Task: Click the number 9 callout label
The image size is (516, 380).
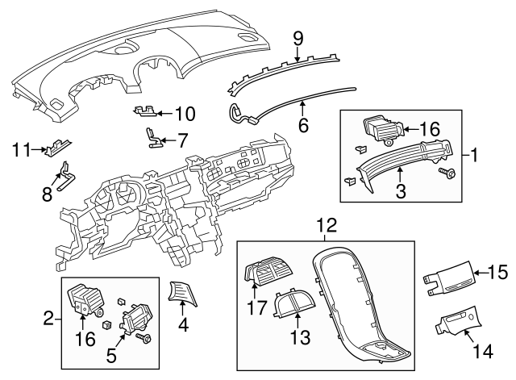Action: (298, 37)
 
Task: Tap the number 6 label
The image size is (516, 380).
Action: (303, 125)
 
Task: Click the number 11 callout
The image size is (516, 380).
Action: (21, 149)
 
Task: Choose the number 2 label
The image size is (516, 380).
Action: (48, 319)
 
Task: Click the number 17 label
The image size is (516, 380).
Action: (256, 307)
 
